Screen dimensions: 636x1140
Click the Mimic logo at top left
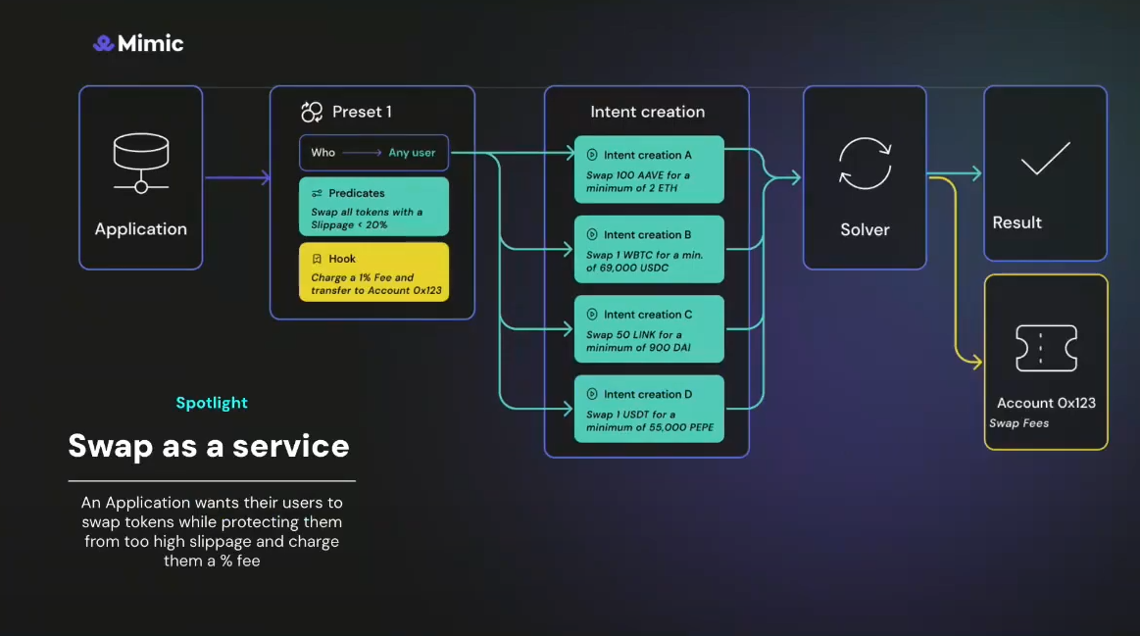pyautogui.click(x=138, y=43)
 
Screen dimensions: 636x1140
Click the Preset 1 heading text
pyautogui.click(x=362, y=112)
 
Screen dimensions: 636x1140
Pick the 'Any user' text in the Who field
pyautogui.click(x=412, y=152)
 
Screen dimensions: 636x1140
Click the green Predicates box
pyautogui.click(x=373, y=206)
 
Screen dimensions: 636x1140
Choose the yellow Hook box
pyautogui.click(x=373, y=271)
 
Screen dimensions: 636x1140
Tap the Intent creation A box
pyautogui.click(x=649, y=170)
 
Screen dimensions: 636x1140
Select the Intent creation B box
pyautogui.click(x=649, y=249)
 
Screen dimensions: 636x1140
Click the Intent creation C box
pyautogui.click(x=649, y=328)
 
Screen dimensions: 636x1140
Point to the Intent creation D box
pyautogui.click(x=649, y=408)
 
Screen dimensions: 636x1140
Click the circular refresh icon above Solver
pyautogui.click(x=865, y=164)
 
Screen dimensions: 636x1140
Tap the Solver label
pyautogui.click(x=865, y=229)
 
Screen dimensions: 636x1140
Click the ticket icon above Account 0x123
pyautogui.click(x=1046, y=348)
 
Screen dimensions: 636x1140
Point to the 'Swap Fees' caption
pyautogui.click(x=1018, y=423)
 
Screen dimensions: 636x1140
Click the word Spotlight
pyautogui.click(x=212, y=403)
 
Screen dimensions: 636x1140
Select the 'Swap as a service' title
pyautogui.click(x=209, y=446)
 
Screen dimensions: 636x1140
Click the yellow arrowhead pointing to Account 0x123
pyautogui.click(x=976, y=364)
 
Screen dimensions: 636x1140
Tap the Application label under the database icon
pyautogui.click(x=141, y=228)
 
